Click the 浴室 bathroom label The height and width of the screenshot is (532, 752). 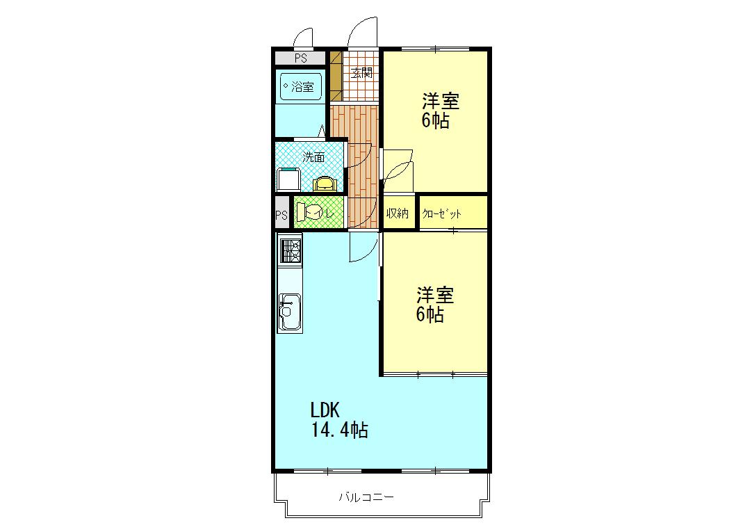[302, 87]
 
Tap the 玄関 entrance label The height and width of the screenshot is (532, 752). [361, 73]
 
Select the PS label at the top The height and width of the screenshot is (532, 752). [301, 58]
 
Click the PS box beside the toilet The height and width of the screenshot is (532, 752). [282, 213]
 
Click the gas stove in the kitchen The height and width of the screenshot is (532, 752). [290, 250]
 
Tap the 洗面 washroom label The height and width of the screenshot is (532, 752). [314, 157]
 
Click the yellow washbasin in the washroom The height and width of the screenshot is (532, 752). [325, 184]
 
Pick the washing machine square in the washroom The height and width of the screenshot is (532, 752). [289, 180]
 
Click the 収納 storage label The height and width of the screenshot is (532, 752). [397, 213]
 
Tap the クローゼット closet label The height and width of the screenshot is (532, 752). [441, 213]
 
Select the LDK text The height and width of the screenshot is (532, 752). [325, 410]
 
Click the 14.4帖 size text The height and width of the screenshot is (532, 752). [340, 429]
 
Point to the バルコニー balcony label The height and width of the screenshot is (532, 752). [366, 497]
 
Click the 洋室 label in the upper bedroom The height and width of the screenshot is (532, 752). [441, 102]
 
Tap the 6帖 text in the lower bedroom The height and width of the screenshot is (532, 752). [430, 314]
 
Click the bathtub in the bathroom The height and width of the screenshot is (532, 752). [301, 87]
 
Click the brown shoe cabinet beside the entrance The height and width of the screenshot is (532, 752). [336, 76]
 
